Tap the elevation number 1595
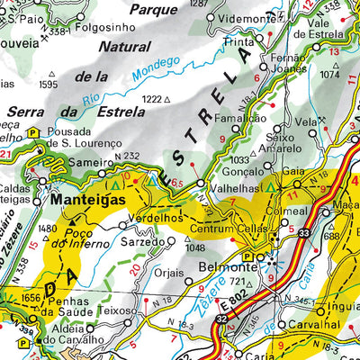48,85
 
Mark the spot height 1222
156,98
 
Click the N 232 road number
129,157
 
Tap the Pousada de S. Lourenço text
83,138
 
